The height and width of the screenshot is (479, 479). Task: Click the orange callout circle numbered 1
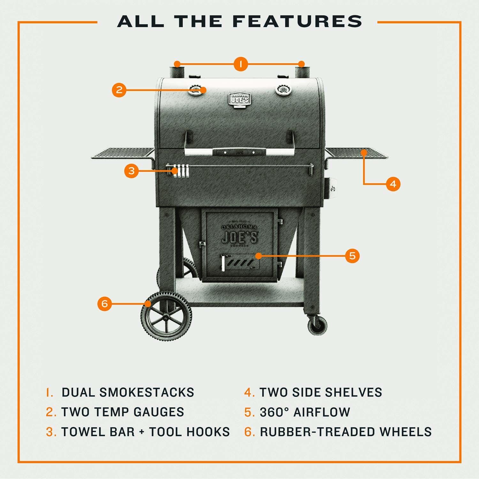241,64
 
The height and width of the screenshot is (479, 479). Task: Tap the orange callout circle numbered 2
119,89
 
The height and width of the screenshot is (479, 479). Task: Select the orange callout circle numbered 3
132,171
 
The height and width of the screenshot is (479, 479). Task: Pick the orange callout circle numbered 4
393,184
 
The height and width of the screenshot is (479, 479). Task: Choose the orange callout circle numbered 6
105,304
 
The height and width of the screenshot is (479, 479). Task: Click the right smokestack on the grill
301,71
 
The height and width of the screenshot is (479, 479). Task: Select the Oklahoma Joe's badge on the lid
240,99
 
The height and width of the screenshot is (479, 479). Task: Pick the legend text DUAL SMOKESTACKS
128,392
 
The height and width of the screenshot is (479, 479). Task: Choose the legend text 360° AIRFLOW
305,412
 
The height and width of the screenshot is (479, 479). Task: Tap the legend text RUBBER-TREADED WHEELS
346,432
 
